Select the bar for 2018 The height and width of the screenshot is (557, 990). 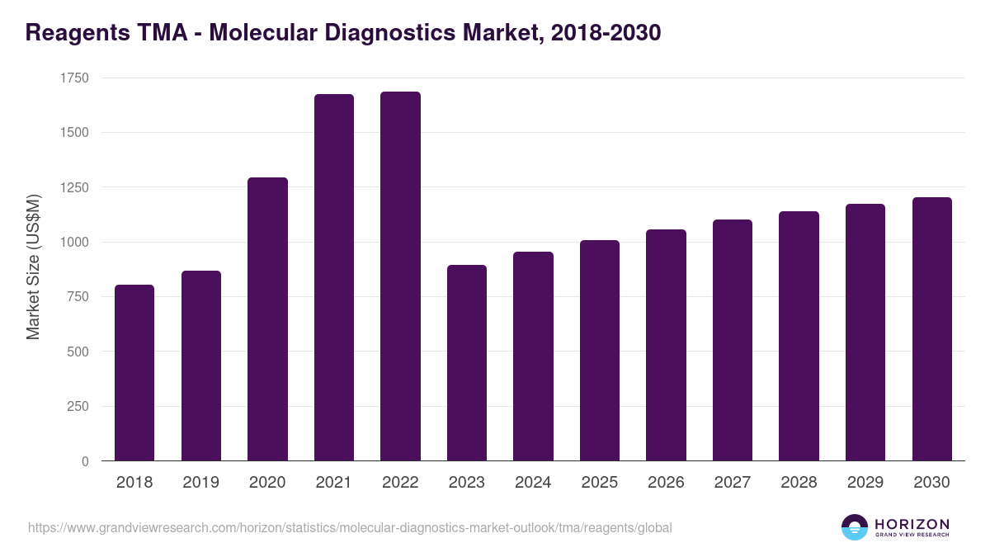click(134, 373)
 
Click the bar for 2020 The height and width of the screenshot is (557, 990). click(267, 319)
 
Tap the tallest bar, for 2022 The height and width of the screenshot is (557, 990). click(400, 276)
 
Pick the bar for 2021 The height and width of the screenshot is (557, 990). click(334, 277)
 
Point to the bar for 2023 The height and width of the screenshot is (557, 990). click(467, 363)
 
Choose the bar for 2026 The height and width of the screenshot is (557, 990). click(666, 345)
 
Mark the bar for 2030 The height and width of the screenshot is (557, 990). click(931, 329)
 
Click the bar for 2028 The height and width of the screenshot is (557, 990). click(799, 336)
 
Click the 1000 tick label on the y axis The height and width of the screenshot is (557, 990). click(74, 243)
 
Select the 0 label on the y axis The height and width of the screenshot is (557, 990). click(85, 461)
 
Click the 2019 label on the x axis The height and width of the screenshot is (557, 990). click(200, 483)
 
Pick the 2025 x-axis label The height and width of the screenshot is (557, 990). click(599, 483)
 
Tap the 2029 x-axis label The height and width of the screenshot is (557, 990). click(865, 483)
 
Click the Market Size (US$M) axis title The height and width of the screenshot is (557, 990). click(33, 266)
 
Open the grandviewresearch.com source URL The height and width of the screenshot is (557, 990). click(350, 527)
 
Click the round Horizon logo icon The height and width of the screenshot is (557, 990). click(855, 527)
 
